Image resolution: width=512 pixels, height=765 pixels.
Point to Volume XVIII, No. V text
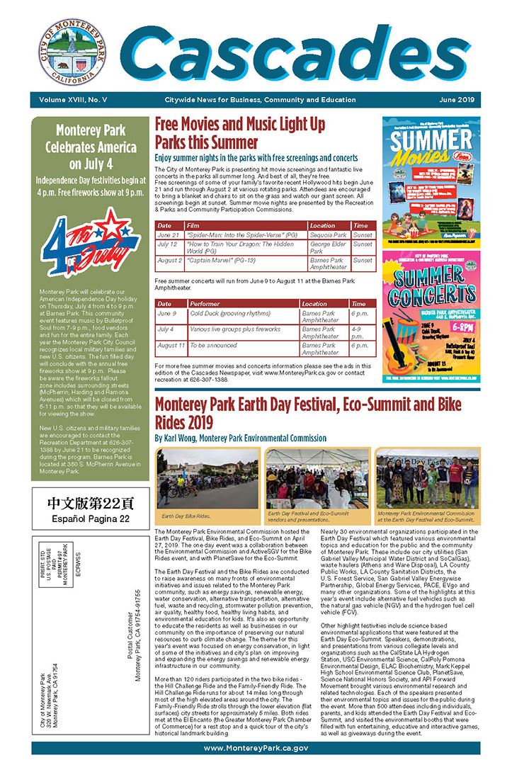(71, 100)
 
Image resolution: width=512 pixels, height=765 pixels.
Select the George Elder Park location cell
(328, 248)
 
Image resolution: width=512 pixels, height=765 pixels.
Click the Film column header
(193, 225)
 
